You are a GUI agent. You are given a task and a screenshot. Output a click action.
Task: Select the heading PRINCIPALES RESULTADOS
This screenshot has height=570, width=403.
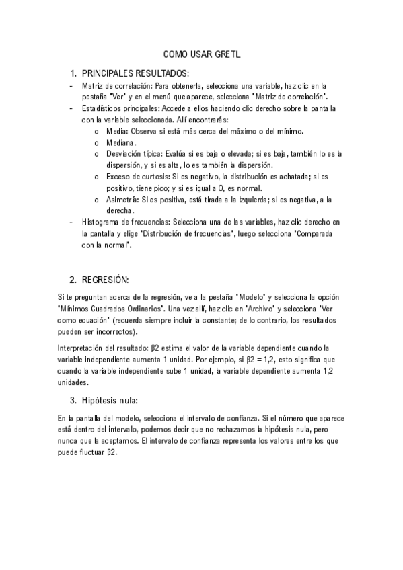pyautogui.click(x=135, y=73)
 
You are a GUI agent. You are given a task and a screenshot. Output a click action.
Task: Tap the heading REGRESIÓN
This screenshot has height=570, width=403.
pyautogui.click(x=105, y=278)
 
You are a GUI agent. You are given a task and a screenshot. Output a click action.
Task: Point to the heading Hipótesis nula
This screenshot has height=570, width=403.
pyautogui.click(x=110, y=401)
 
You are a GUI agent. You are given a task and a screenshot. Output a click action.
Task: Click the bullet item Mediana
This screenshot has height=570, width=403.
pyautogui.click(x=121, y=142)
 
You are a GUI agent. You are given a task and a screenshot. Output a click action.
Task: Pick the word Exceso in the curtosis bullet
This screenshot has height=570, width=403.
pyautogui.click(x=118, y=177)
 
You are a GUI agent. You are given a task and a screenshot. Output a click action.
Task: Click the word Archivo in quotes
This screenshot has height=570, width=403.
pyautogui.click(x=258, y=309)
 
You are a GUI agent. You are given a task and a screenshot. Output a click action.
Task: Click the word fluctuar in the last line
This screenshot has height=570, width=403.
pyautogui.click(x=87, y=452)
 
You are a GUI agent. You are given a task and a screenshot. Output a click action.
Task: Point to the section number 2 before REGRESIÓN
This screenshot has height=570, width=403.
pyautogui.click(x=73, y=278)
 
